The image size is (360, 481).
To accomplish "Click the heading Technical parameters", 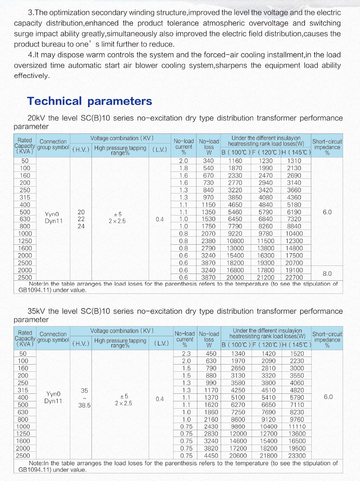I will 89,101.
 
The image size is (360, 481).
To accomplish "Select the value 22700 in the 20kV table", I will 294,277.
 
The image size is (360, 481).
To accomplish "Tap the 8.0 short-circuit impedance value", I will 327,274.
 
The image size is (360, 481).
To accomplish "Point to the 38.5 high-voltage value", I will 84,405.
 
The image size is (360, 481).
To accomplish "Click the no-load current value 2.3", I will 186,354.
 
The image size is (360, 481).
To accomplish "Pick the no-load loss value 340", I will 208,161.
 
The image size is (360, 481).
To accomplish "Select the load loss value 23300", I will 296,456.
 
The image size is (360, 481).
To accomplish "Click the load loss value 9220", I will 235,234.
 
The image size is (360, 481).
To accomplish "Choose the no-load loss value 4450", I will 210,456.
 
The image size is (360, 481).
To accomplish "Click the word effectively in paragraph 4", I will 32,76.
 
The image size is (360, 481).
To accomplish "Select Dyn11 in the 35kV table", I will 53,401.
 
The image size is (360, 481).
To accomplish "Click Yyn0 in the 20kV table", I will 53,214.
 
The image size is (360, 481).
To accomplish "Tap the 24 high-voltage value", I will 81,227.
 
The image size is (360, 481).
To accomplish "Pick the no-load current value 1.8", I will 183,168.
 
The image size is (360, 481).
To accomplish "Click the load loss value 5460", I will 235,212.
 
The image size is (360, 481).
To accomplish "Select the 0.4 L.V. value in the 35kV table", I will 160,399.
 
